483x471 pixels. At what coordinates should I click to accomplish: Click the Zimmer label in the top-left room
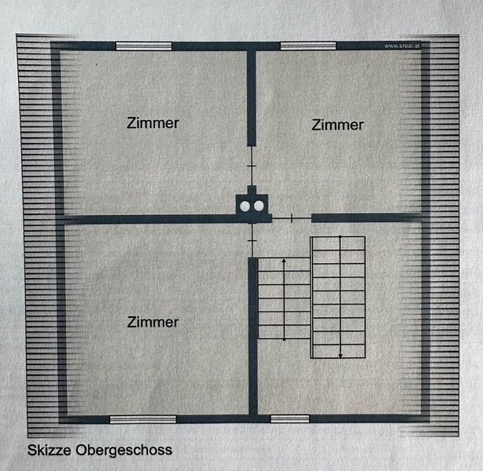coord(153,123)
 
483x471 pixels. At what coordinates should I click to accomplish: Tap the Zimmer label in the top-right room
coord(338,125)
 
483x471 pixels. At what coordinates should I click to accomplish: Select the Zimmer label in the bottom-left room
coord(153,323)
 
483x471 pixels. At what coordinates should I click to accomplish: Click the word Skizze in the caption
coord(49,450)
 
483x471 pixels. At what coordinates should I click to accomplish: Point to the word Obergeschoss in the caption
coord(124,451)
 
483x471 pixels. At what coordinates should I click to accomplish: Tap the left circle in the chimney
coord(245,206)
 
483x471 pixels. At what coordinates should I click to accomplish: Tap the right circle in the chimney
coord(259,206)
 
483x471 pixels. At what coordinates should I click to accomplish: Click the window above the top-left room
coord(143,46)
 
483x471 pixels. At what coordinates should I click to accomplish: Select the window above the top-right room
coord(308,46)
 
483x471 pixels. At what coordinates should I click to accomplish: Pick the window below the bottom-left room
coord(143,419)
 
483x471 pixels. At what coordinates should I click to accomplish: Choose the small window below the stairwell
coord(290,418)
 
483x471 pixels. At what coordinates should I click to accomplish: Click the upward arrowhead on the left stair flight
coord(284,261)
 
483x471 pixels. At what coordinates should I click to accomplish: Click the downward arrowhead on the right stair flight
coord(340,355)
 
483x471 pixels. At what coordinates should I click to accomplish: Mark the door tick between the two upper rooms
coord(252,166)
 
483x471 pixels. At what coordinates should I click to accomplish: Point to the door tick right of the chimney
coord(292,218)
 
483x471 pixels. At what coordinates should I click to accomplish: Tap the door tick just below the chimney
coord(252,240)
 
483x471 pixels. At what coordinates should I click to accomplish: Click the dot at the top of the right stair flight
coord(340,237)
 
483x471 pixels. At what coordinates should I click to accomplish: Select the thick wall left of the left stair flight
coord(252,336)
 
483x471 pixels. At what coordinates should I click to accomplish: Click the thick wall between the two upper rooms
coord(252,97)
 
